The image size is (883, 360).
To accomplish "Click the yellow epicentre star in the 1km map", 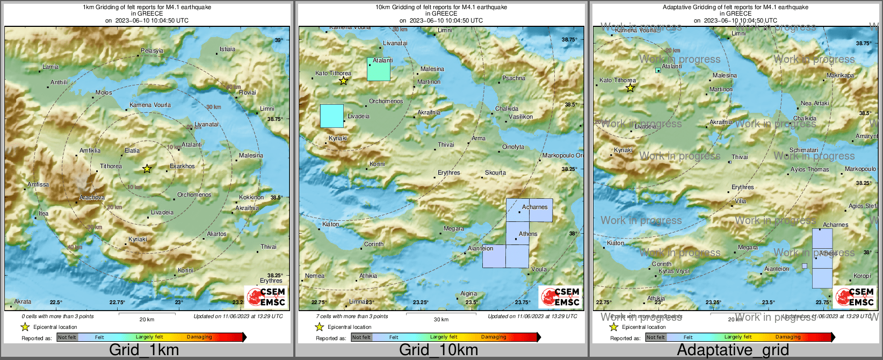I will tap(147, 169).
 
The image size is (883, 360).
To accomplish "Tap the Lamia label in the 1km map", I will tap(50, 67).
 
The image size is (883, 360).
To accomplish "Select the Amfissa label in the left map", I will tap(38, 184).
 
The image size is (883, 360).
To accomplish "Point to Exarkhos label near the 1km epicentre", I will tap(183, 166).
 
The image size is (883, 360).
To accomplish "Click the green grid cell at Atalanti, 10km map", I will tap(379, 69).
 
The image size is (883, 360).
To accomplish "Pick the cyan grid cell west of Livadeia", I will tap(331, 116).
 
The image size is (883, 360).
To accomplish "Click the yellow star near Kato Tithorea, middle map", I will tap(343, 81).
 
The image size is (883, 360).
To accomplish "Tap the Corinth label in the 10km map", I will tap(374, 244).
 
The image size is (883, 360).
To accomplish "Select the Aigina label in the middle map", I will tap(468, 293).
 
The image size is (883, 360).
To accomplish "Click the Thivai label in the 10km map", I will tap(446, 145).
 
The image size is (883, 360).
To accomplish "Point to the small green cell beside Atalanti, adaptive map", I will tap(658, 70).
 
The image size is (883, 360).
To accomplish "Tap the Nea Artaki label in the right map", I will tap(815, 103).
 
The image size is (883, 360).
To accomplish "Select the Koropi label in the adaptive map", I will tap(862, 276).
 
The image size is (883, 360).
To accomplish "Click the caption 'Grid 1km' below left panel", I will tap(144, 350).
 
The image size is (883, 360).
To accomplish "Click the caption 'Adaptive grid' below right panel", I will tap(733, 350).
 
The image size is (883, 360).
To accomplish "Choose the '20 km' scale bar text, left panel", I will tap(147, 319).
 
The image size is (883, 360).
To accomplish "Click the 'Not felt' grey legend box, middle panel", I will tap(361, 337).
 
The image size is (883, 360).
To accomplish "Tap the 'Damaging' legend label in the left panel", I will tap(199, 337).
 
